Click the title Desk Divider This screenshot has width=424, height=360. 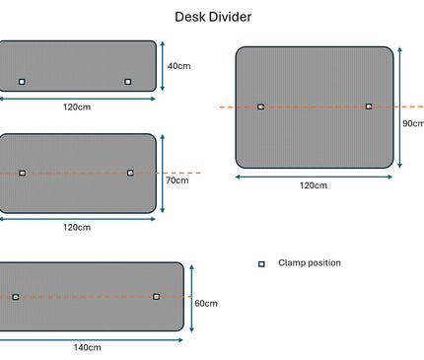pyautogui.click(x=212, y=17)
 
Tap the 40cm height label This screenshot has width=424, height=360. pyautogui.click(x=178, y=66)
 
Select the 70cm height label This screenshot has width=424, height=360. pyautogui.click(x=177, y=180)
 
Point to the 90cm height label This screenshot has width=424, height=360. pyautogui.click(x=413, y=123)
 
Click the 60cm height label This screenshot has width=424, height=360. pyautogui.click(x=205, y=303)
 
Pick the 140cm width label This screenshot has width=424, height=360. pyautogui.click(x=87, y=347)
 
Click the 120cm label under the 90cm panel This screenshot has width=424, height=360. pyautogui.click(x=314, y=185)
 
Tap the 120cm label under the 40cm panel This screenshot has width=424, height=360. pyautogui.click(x=77, y=106)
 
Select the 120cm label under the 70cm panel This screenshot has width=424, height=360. pyautogui.click(x=77, y=227)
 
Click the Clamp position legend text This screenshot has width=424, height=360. pyautogui.click(x=310, y=263)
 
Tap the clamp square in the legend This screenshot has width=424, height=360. pyautogui.click(x=261, y=263)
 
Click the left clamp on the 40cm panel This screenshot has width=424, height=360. pyautogui.click(x=22, y=82)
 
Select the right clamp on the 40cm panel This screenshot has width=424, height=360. pyautogui.click(x=128, y=82)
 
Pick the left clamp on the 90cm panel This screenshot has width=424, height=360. pyautogui.click(x=260, y=107)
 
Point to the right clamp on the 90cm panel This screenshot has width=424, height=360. pyautogui.click(x=369, y=107)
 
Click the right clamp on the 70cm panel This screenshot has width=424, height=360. pyautogui.click(x=130, y=173)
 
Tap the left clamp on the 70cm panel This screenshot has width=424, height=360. pyautogui.click(x=22, y=173)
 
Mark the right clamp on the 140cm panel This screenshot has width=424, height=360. pyautogui.click(x=156, y=296)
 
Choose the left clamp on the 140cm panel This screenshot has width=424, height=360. pyautogui.click(x=15, y=296)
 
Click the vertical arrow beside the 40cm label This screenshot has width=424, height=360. pyautogui.click(x=163, y=66)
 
